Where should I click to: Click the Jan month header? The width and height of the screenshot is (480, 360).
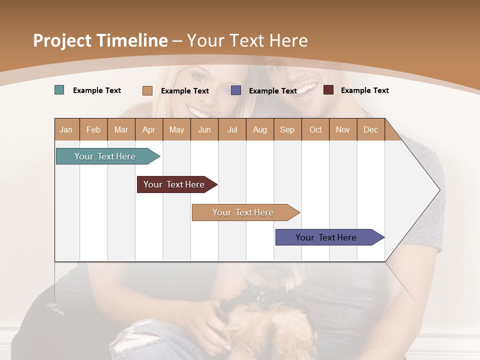[x=66, y=129]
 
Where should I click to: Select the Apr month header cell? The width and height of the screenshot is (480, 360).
[x=149, y=129]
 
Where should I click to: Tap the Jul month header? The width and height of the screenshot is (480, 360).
[x=232, y=129]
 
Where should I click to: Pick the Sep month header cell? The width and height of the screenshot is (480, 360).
[x=287, y=129]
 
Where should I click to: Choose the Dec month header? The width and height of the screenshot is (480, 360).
[x=370, y=129]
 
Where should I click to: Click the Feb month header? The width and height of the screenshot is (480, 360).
[x=93, y=129]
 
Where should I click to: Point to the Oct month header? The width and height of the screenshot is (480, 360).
[x=315, y=129]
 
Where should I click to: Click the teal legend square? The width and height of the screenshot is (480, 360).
[x=59, y=90]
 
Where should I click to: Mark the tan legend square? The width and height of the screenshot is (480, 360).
[x=147, y=90]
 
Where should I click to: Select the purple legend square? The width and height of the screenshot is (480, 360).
[x=236, y=90]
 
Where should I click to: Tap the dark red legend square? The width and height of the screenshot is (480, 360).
[x=328, y=90]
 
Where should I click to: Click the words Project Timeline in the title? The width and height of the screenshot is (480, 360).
[x=100, y=40]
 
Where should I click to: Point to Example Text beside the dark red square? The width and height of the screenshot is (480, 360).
[x=364, y=90]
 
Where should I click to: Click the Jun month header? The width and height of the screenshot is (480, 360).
[x=204, y=129]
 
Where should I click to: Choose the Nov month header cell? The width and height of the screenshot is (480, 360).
[x=343, y=129]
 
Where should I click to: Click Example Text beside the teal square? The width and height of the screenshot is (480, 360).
[x=97, y=90]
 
